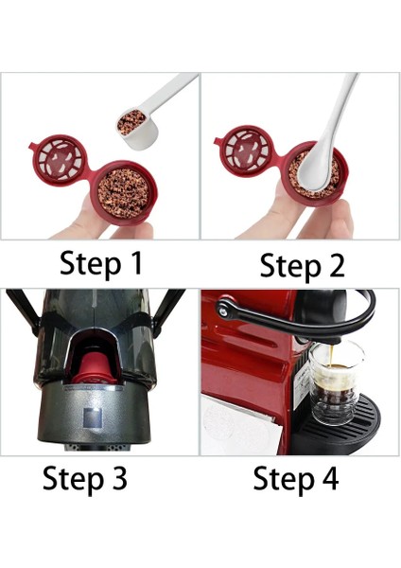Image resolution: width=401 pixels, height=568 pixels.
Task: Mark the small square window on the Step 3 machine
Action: (94, 417)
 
